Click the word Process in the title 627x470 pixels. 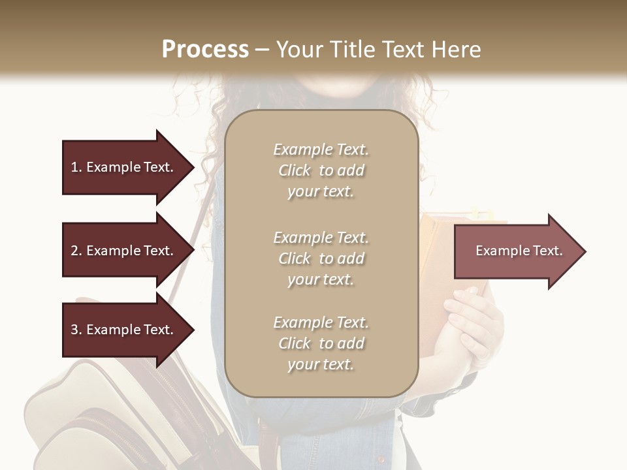point(205,50)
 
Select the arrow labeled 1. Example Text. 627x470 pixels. point(127,167)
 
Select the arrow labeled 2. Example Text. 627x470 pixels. point(127,251)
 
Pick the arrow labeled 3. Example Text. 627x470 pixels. point(127,330)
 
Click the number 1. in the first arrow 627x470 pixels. point(76,167)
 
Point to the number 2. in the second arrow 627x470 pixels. point(76,251)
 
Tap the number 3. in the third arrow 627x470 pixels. point(76,330)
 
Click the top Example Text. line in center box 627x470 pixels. point(321,149)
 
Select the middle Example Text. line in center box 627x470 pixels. point(321,238)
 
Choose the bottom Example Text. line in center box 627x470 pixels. point(321,322)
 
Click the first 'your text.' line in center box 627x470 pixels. point(321,192)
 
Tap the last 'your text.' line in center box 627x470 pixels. point(321,365)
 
